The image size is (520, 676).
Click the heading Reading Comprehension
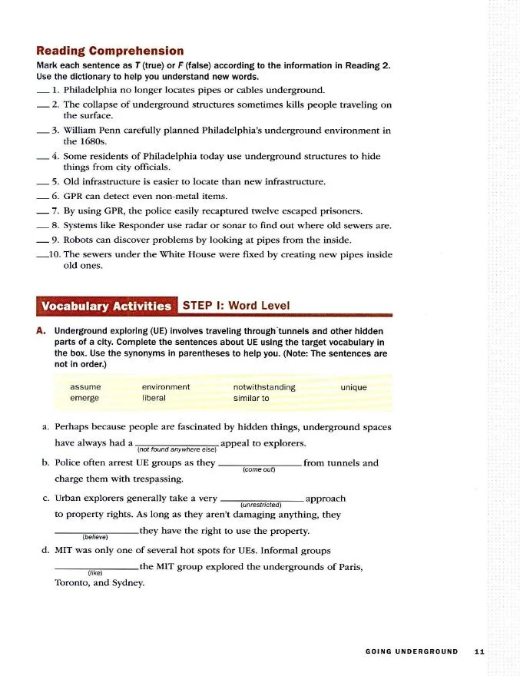click(110, 51)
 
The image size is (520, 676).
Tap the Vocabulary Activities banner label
click(107, 306)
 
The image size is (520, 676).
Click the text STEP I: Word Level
click(236, 306)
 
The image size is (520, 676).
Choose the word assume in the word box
click(84, 387)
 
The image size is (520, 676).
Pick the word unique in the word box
click(353, 387)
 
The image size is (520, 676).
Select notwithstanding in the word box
click(264, 387)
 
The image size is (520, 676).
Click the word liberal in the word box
click(154, 399)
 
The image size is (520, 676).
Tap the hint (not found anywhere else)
click(176, 449)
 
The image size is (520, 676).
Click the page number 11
click(479, 652)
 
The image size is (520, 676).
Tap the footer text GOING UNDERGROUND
click(412, 652)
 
